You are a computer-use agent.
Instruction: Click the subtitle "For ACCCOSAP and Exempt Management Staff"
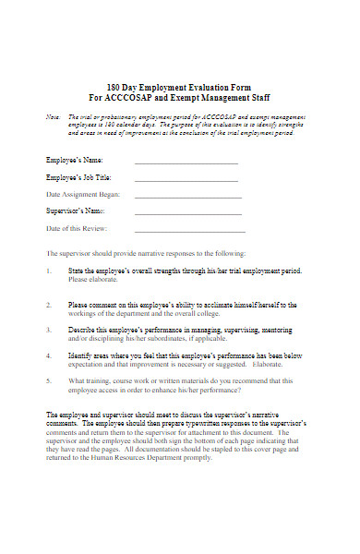click(x=180, y=96)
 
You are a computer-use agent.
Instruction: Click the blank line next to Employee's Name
click(x=186, y=163)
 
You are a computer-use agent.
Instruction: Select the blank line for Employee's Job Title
click(x=187, y=179)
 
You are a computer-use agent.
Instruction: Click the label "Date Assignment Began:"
click(x=83, y=195)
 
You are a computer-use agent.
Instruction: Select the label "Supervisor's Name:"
click(x=77, y=211)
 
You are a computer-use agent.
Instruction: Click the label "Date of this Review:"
click(x=77, y=228)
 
